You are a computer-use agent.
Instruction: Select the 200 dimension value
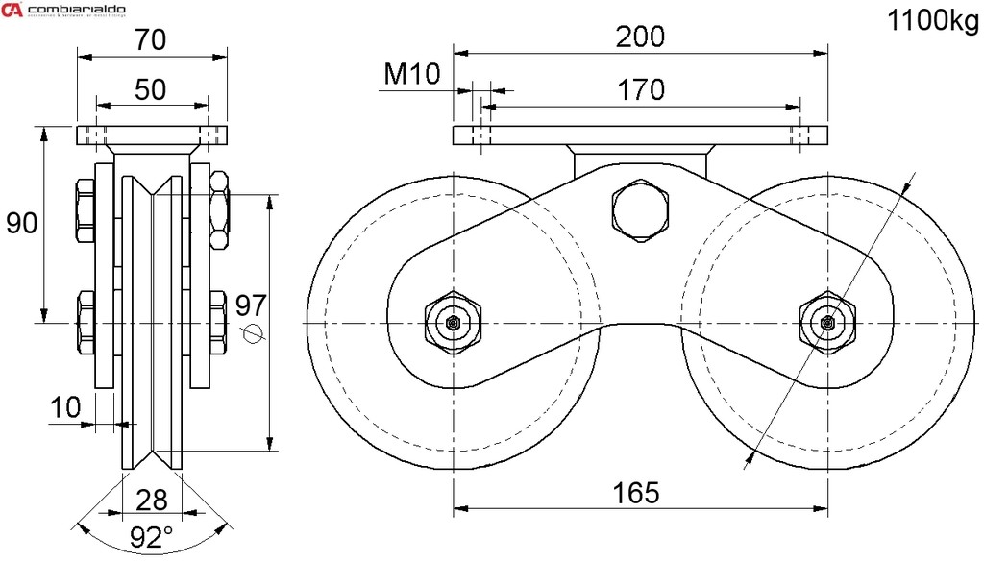(x=641, y=37)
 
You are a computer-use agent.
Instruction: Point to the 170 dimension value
(x=641, y=89)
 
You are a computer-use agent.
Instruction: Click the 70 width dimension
(x=151, y=39)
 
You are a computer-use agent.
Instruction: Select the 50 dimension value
(x=151, y=89)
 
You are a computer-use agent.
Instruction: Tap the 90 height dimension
(x=21, y=223)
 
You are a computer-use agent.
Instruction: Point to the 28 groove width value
(x=152, y=500)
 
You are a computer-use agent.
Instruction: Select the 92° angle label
(x=152, y=537)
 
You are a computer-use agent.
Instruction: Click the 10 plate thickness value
(x=66, y=406)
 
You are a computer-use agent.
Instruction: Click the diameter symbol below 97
(x=253, y=333)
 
